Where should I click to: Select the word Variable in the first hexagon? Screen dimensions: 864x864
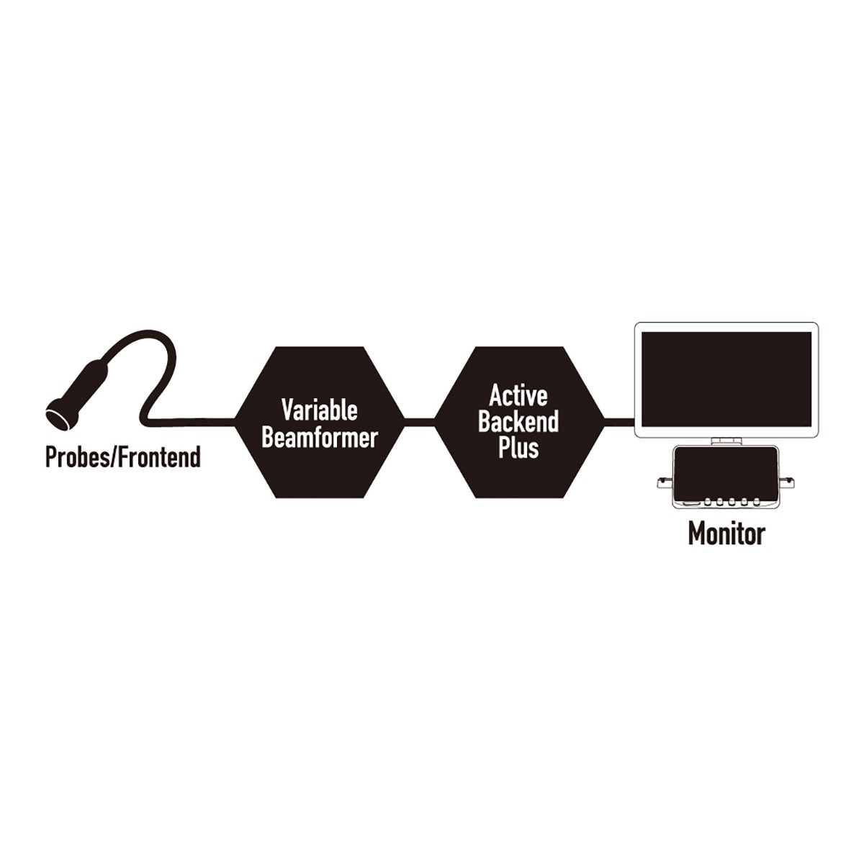click(x=319, y=410)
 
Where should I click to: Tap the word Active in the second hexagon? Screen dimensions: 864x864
click(x=518, y=395)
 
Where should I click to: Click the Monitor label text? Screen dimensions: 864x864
click(x=726, y=534)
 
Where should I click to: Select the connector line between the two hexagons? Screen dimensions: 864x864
click(x=420, y=422)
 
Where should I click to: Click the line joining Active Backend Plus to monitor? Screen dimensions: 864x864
click(x=620, y=422)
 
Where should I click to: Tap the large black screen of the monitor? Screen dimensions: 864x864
click(x=726, y=379)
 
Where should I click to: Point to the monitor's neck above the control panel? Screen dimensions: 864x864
click(x=726, y=442)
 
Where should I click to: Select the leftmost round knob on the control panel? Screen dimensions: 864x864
click(x=707, y=502)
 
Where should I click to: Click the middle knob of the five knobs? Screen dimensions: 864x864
click(x=731, y=502)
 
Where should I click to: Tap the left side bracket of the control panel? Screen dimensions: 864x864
click(x=664, y=483)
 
